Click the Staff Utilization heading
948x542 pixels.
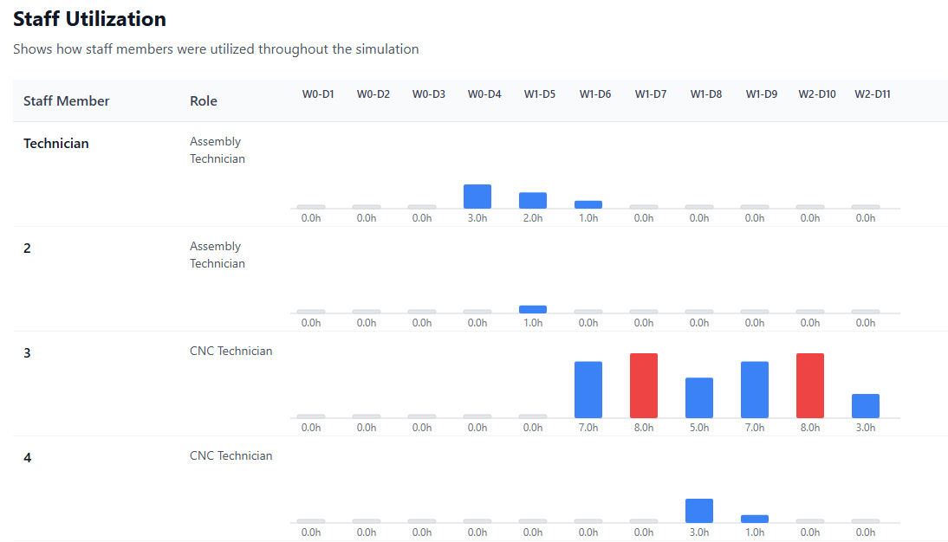coord(90,19)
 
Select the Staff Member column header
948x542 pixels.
coord(67,101)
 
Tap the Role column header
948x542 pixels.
coord(204,101)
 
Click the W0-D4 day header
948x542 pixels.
coord(484,94)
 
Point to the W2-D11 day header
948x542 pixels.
coord(873,94)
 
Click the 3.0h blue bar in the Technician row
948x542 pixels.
coord(477,197)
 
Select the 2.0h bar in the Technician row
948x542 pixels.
coord(533,201)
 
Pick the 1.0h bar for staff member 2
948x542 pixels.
coord(533,309)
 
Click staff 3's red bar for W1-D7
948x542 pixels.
coord(644,385)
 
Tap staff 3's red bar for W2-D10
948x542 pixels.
coord(810,385)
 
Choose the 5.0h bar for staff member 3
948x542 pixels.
coord(699,398)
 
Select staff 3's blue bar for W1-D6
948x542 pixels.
coord(588,390)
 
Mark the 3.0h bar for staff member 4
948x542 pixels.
coord(699,511)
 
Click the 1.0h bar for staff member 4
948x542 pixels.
coord(755,519)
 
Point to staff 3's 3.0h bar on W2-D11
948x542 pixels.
coord(866,406)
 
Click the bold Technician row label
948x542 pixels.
coord(56,144)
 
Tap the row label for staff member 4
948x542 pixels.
coord(28,457)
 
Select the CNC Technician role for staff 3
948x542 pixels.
coord(231,352)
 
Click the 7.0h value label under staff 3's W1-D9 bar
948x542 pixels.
coord(755,428)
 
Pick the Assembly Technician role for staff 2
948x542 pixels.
coord(218,255)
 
